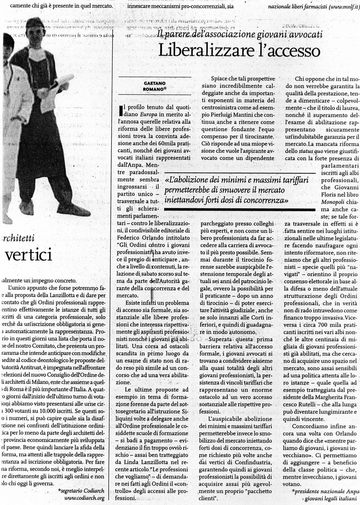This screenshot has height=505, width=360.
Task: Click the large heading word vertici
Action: point(26,255)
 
